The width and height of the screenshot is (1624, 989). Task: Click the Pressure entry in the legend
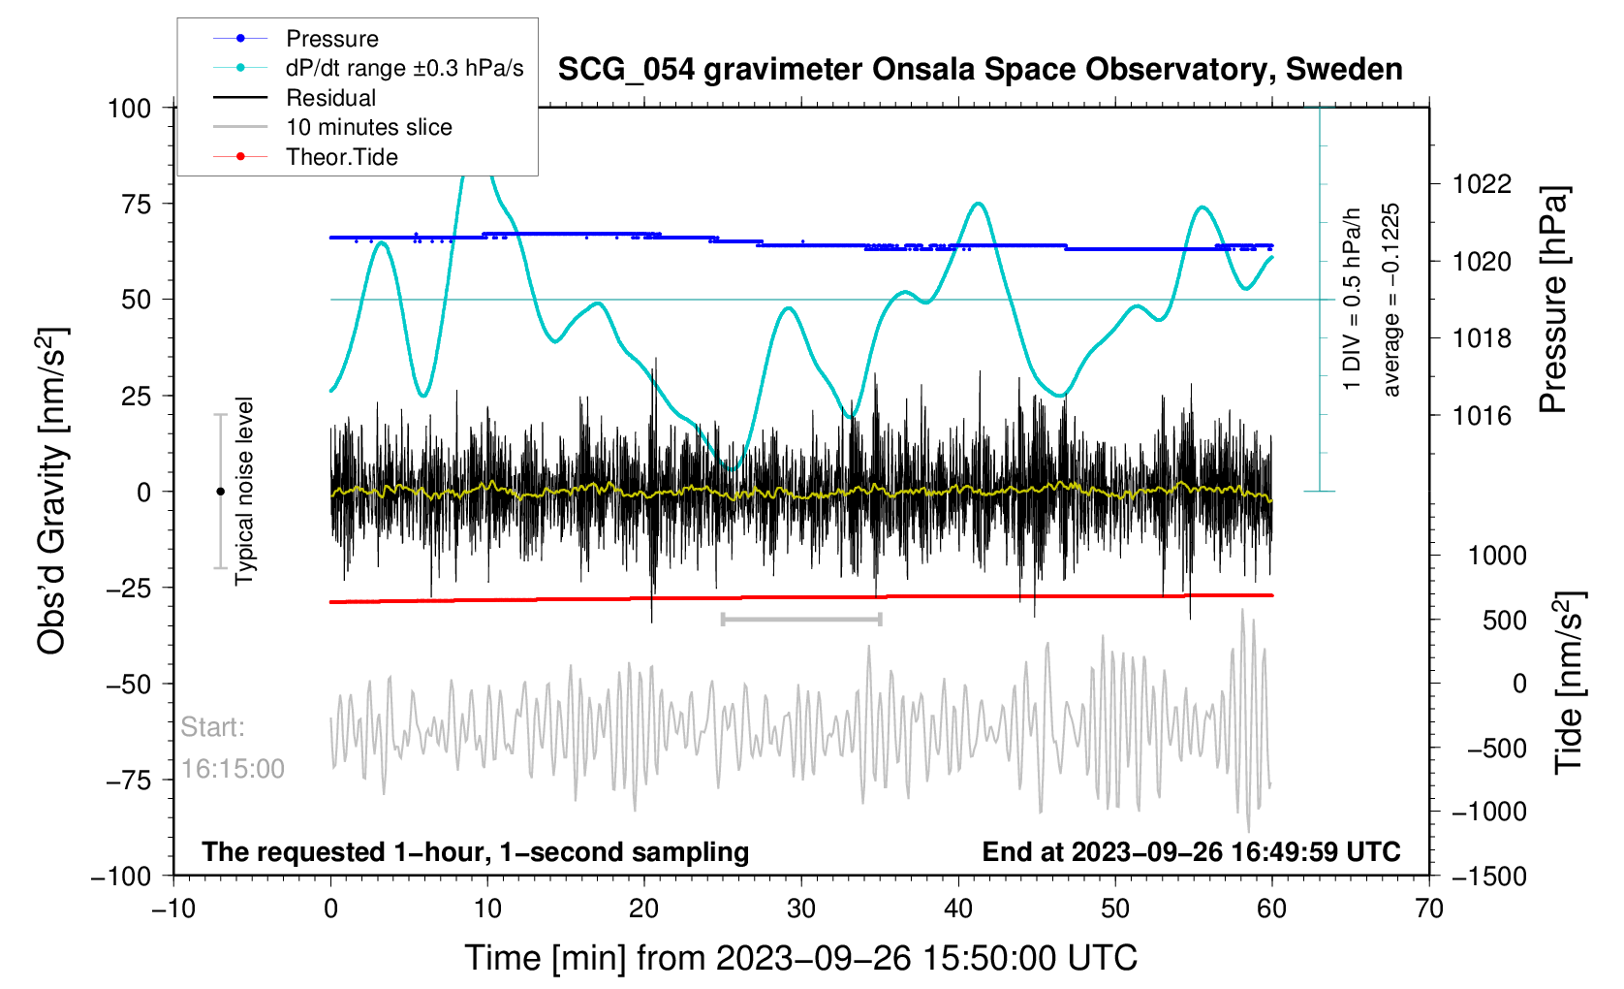point(331,39)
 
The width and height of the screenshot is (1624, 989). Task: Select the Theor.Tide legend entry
point(341,157)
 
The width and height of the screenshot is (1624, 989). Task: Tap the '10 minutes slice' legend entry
point(368,127)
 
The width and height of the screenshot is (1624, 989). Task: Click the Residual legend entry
point(330,98)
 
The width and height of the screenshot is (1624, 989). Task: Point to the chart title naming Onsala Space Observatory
point(980,70)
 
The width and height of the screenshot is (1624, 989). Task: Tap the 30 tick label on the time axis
point(801,909)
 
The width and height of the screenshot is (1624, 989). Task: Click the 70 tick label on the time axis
point(1428,909)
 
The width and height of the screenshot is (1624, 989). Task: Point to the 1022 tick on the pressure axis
point(1482,184)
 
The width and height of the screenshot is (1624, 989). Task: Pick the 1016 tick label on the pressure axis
point(1482,416)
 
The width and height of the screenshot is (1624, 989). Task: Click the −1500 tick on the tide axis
point(1489,877)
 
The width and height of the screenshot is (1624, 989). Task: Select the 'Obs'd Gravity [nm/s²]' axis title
point(52,492)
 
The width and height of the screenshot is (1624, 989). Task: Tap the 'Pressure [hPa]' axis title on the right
point(1552,300)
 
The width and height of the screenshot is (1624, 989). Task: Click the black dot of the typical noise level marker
point(221,492)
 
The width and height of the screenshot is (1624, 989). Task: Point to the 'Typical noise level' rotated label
point(244,492)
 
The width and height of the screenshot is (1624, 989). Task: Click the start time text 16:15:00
point(233,769)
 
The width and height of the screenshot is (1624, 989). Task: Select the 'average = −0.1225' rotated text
point(1391,300)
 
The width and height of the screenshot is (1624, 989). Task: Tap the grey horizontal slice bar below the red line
point(801,619)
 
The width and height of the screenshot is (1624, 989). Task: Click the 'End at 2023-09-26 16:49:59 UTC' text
point(1191,852)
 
